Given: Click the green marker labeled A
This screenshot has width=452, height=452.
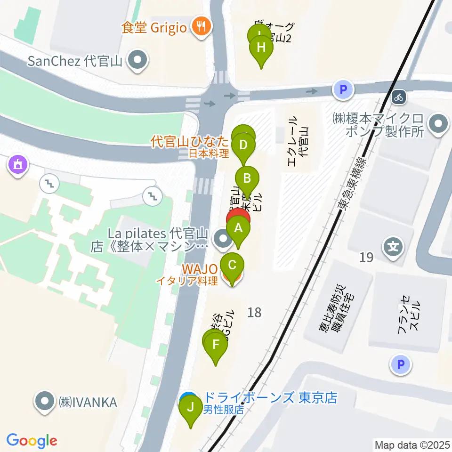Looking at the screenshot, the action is click(x=238, y=228).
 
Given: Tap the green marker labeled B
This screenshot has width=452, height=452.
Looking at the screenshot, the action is click(x=249, y=178).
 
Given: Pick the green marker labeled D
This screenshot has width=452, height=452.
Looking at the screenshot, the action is click(x=243, y=145).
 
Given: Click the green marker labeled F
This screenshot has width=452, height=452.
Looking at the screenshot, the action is click(x=216, y=344).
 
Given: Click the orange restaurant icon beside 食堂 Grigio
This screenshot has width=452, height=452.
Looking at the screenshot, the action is click(x=201, y=26).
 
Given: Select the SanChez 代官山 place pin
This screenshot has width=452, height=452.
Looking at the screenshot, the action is click(x=137, y=60).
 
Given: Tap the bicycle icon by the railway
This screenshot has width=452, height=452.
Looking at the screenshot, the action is click(x=399, y=97).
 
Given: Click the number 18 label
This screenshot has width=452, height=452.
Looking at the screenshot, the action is click(x=254, y=312).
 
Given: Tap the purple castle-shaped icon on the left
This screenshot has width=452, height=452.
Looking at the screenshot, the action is click(x=18, y=165).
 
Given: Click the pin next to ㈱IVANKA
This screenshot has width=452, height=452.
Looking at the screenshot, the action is click(x=45, y=402).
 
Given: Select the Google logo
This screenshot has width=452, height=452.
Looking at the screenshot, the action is click(x=32, y=441).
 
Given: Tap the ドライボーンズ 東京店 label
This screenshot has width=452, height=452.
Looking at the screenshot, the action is click(x=270, y=397).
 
